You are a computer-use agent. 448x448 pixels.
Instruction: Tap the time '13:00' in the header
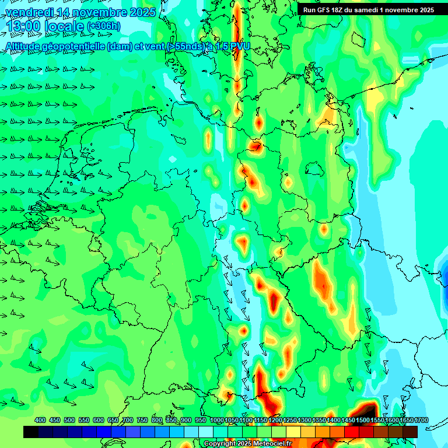(x=24, y=27)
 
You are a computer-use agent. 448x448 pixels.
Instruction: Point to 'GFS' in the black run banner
(x=327, y=10)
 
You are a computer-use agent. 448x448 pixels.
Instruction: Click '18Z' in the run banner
(x=343, y=10)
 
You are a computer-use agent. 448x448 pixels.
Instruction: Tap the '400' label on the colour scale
(x=40, y=420)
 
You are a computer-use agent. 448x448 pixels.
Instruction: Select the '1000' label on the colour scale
(x=216, y=420)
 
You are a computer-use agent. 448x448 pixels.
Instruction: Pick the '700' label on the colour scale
(x=128, y=420)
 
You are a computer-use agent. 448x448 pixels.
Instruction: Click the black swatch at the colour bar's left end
(x=31, y=432)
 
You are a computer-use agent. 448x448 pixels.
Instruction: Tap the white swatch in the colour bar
(x=206, y=432)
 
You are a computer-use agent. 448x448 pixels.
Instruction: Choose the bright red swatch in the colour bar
(x=352, y=432)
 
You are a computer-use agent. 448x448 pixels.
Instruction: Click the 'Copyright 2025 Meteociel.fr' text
(x=247, y=444)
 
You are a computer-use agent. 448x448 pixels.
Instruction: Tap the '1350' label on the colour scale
(x=318, y=420)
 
